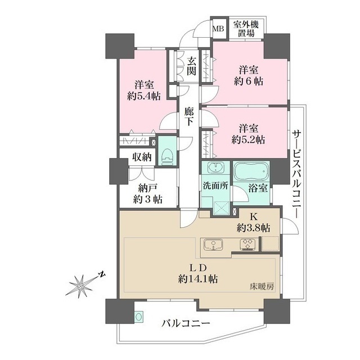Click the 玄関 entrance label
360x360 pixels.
coord(192,66)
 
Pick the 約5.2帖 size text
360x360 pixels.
coord(250,139)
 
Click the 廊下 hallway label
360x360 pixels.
coord(190,116)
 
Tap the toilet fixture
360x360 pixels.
coord(166,151)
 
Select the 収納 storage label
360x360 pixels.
coord(142,157)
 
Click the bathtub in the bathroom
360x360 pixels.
coord(251,172)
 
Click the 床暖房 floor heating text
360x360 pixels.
coord(263,287)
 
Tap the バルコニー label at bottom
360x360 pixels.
coord(186,325)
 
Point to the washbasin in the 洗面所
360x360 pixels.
coord(214,169)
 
